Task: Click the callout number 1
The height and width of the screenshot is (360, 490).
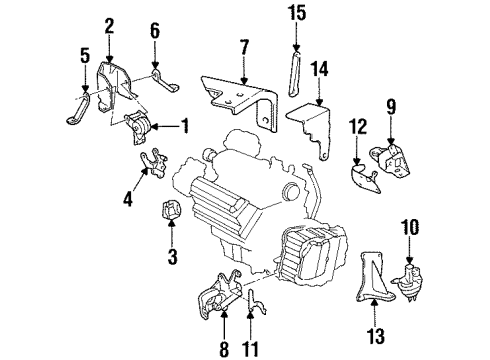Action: (x=185, y=126)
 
